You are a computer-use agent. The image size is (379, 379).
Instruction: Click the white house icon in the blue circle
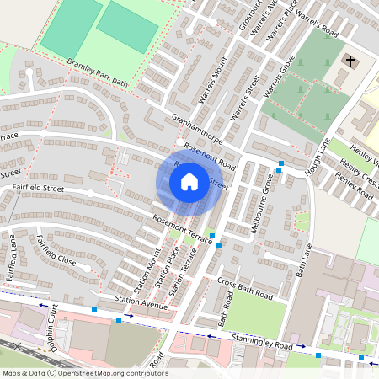point(189,181)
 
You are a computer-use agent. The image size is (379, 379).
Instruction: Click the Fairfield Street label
point(38,189)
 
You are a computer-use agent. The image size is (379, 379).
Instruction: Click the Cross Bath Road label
point(246,287)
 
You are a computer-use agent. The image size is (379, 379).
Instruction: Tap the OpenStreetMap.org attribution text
point(109,372)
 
